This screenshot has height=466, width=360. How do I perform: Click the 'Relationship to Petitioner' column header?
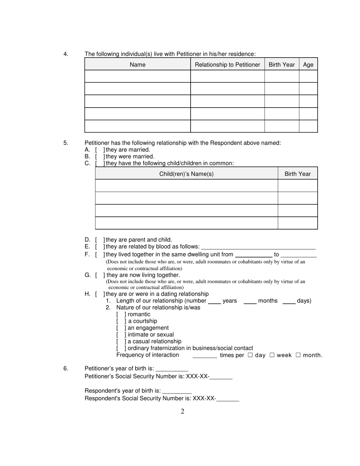227,64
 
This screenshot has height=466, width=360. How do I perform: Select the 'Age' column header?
308,64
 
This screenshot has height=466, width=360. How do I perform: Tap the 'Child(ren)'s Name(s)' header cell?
186,174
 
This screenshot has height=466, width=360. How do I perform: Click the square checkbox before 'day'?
250,355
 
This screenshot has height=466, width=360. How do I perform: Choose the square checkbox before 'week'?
272,355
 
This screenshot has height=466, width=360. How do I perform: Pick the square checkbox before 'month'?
298,355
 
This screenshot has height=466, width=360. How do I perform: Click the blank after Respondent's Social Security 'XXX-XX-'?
228,399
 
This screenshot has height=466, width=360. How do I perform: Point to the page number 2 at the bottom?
182,411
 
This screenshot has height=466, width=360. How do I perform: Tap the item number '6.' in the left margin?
66,368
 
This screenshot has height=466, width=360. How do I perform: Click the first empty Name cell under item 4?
137,76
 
